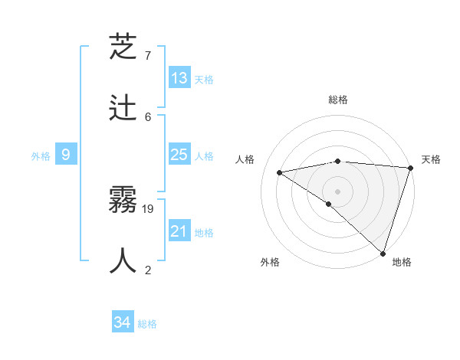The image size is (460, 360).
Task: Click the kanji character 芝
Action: coord(123,50)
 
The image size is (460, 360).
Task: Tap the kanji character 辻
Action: coord(123,109)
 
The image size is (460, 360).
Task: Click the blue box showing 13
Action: coord(179,78)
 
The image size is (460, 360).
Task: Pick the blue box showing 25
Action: coord(179,155)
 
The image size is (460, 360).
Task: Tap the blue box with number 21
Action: coord(179,231)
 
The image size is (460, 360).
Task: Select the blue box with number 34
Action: coord(123,323)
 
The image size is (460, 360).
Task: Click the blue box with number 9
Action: coord(66,155)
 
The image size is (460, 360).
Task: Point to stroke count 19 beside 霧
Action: coord(149,208)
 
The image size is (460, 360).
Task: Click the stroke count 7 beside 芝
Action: coord(148,56)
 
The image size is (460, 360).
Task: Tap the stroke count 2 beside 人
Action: coord(148,269)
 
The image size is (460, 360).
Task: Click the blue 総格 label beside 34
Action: coord(147,324)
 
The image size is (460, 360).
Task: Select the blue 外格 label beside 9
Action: coord(41,156)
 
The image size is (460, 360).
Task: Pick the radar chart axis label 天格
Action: coord(431,159)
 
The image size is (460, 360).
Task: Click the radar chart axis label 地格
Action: coord(402,262)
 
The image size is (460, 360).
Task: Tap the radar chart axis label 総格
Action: coord(338,100)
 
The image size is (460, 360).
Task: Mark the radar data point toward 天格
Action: coord(410,168)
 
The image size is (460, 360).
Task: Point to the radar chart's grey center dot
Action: coord(337,191)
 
